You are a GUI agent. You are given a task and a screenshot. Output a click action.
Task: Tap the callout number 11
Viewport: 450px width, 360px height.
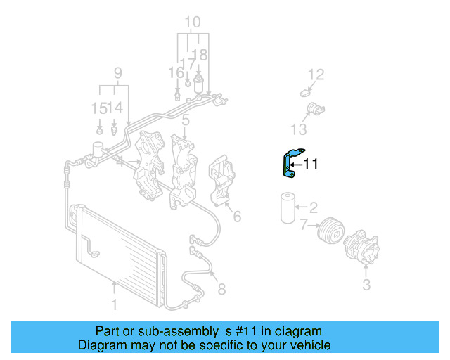tap(311, 165)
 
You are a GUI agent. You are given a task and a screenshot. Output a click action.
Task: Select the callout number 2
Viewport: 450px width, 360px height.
tap(313, 207)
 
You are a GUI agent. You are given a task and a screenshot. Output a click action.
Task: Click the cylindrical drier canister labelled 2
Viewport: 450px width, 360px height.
tap(287, 207)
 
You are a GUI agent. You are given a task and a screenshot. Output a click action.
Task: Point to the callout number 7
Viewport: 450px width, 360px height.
tap(304, 225)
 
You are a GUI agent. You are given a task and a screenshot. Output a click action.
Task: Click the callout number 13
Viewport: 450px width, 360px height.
tap(300, 129)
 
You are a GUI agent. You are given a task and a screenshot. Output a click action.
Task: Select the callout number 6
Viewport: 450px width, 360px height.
tap(237, 217)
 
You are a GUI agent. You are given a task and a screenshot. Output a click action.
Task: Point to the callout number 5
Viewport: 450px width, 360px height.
tap(185, 121)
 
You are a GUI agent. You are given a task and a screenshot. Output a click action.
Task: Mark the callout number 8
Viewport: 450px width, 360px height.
tap(221, 288)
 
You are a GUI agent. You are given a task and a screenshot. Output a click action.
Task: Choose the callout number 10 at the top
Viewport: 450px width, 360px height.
tap(192, 21)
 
